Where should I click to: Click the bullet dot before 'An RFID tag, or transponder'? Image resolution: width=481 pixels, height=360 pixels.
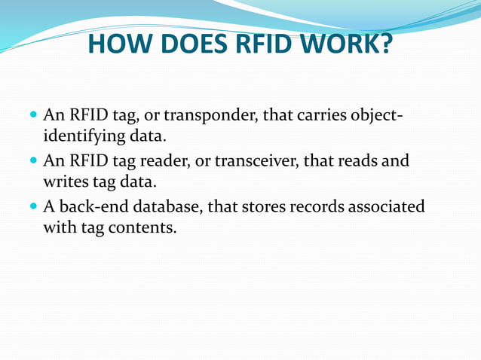click(x=32, y=117)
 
